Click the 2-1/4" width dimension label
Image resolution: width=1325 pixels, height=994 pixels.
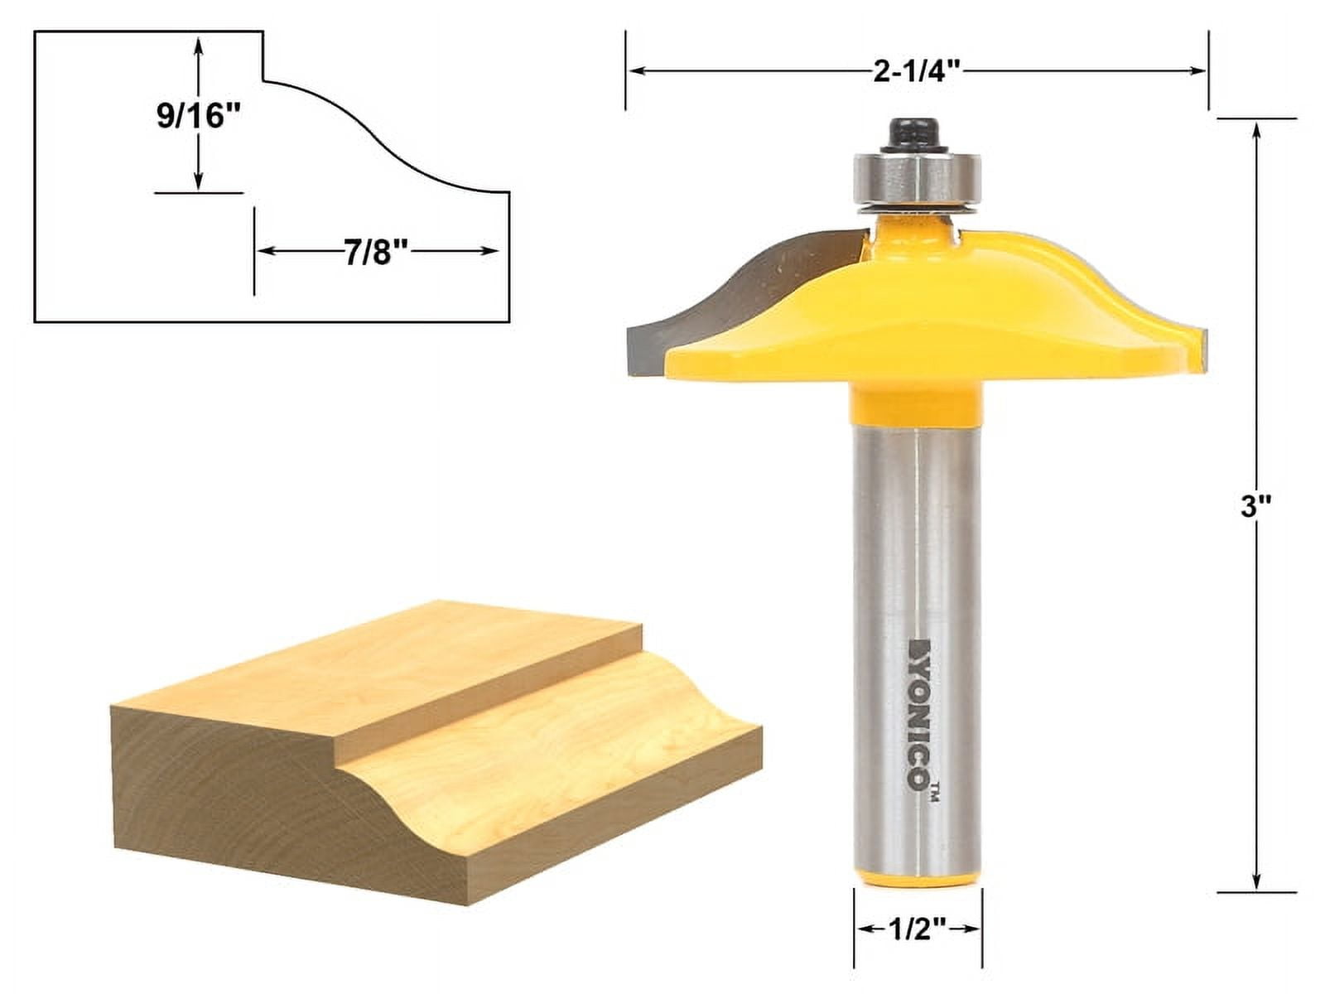pos(916,71)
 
